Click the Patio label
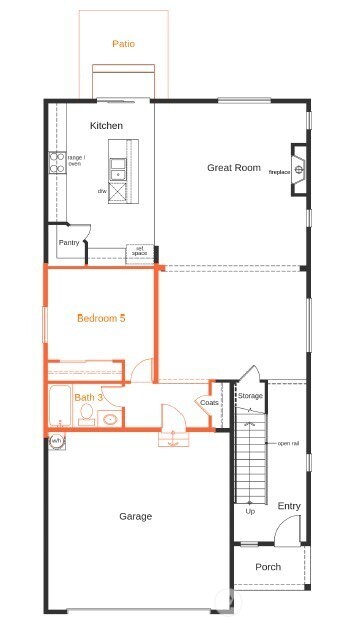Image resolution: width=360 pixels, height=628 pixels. (x=123, y=44)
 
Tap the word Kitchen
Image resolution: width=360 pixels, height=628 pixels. (x=106, y=126)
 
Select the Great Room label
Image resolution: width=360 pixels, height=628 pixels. (x=233, y=168)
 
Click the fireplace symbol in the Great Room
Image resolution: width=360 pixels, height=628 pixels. (x=298, y=160)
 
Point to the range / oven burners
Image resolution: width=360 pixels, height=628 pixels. (x=56, y=163)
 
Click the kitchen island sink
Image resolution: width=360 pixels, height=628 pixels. (x=120, y=167)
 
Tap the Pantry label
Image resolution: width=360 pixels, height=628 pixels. (x=69, y=242)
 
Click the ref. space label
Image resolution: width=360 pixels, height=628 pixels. (x=139, y=252)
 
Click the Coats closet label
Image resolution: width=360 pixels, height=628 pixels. (x=209, y=402)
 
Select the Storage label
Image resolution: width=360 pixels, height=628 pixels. (x=250, y=396)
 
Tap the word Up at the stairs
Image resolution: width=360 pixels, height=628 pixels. (x=249, y=513)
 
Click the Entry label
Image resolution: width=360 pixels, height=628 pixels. (x=289, y=506)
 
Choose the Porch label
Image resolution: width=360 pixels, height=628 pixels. (x=268, y=567)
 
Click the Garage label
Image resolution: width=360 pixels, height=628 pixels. (x=136, y=516)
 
